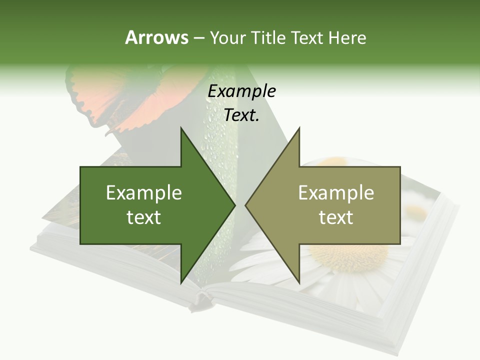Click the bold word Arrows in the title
point(156,37)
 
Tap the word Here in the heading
point(347,37)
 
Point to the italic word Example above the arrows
point(241,91)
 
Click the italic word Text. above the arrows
point(241,115)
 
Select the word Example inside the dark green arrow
point(143,193)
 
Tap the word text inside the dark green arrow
point(143,217)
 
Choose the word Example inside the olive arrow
point(336,193)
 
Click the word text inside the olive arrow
point(336,217)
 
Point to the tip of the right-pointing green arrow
point(235,205)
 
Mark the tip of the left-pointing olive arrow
point(245,205)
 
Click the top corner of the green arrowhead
point(180,128)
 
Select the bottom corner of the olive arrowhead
point(299,283)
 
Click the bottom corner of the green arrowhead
point(180,283)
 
